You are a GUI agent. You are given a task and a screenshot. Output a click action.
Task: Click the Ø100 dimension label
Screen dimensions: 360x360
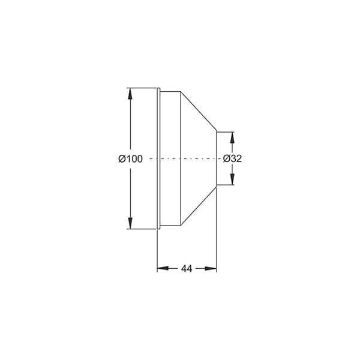click(130, 158)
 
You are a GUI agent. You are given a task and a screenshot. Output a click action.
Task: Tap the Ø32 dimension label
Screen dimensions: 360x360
click(232, 158)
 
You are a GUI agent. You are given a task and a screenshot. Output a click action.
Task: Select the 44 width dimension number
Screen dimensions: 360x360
click(187, 269)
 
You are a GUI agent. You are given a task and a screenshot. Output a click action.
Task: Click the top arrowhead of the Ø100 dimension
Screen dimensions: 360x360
click(130, 94)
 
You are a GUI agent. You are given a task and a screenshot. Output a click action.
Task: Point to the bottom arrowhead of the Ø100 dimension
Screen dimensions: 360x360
click(130, 223)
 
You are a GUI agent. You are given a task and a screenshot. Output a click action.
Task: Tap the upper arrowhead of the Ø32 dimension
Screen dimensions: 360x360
click(232, 138)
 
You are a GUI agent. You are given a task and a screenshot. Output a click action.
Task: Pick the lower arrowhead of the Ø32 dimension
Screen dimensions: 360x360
click(232, 179)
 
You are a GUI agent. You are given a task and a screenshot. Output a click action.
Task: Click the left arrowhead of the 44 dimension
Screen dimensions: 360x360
click(163, 268)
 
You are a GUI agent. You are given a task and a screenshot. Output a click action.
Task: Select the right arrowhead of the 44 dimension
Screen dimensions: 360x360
click(211, 268)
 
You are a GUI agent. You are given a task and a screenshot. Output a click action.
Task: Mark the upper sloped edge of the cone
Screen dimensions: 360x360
click(199, 112)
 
